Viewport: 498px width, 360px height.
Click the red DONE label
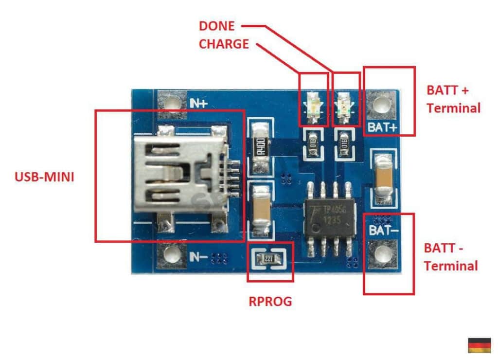[x=216, y=26]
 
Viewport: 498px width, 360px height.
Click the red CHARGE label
[x=224, y=44]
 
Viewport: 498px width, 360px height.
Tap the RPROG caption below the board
[x=270, y=302]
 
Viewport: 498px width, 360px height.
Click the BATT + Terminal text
[x=453, y=99]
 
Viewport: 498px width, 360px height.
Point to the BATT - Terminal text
[x=451, y=257]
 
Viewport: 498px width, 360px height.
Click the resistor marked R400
[x=260, y=146]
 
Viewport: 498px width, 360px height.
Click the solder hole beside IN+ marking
[x=171, y=104]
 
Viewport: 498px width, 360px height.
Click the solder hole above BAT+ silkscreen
[x=383, y=104]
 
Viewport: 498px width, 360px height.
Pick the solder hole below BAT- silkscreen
[x=383, y=253]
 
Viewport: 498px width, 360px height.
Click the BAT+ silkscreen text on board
[x=383, y=127]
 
